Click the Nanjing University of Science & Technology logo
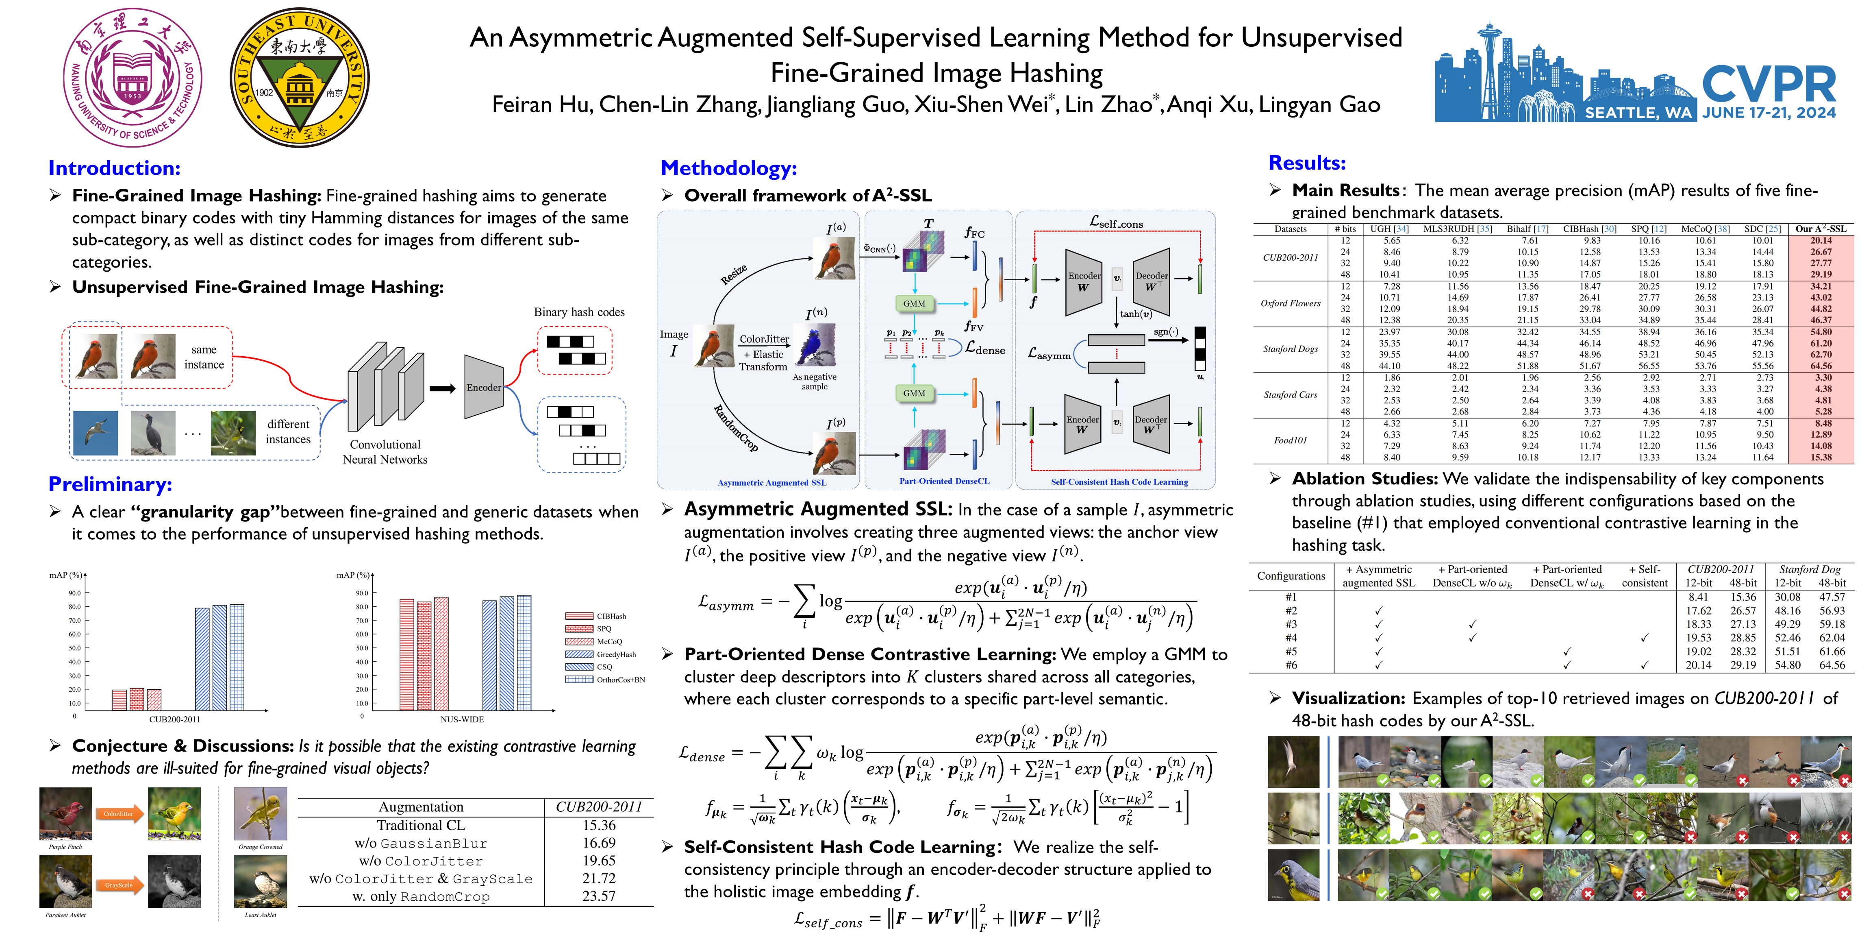click(x=133, y=77)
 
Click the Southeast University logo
click(x=300, y=77)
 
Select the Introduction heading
click(x=114, y=168)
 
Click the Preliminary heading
click(x=110, y=484)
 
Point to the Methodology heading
click(x=728, y=168)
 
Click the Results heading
click(x=1307, y=163)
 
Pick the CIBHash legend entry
click(x=611, y=616)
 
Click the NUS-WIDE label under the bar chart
click(x=462, y=719)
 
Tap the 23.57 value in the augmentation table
click(x=598, y=896)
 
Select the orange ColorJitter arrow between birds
click(x=119, y=814)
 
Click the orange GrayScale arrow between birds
click(x=119, y=885)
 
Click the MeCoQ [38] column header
click(x=1705, y=229)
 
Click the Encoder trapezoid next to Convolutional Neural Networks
click(x=484, y=387)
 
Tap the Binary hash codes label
click(x=579, y=312)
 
